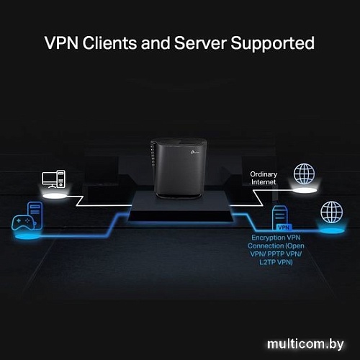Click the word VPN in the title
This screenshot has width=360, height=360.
[63, 43]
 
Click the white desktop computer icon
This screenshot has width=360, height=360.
[54, 180]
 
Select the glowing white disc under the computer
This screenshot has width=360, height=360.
[54, 195]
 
